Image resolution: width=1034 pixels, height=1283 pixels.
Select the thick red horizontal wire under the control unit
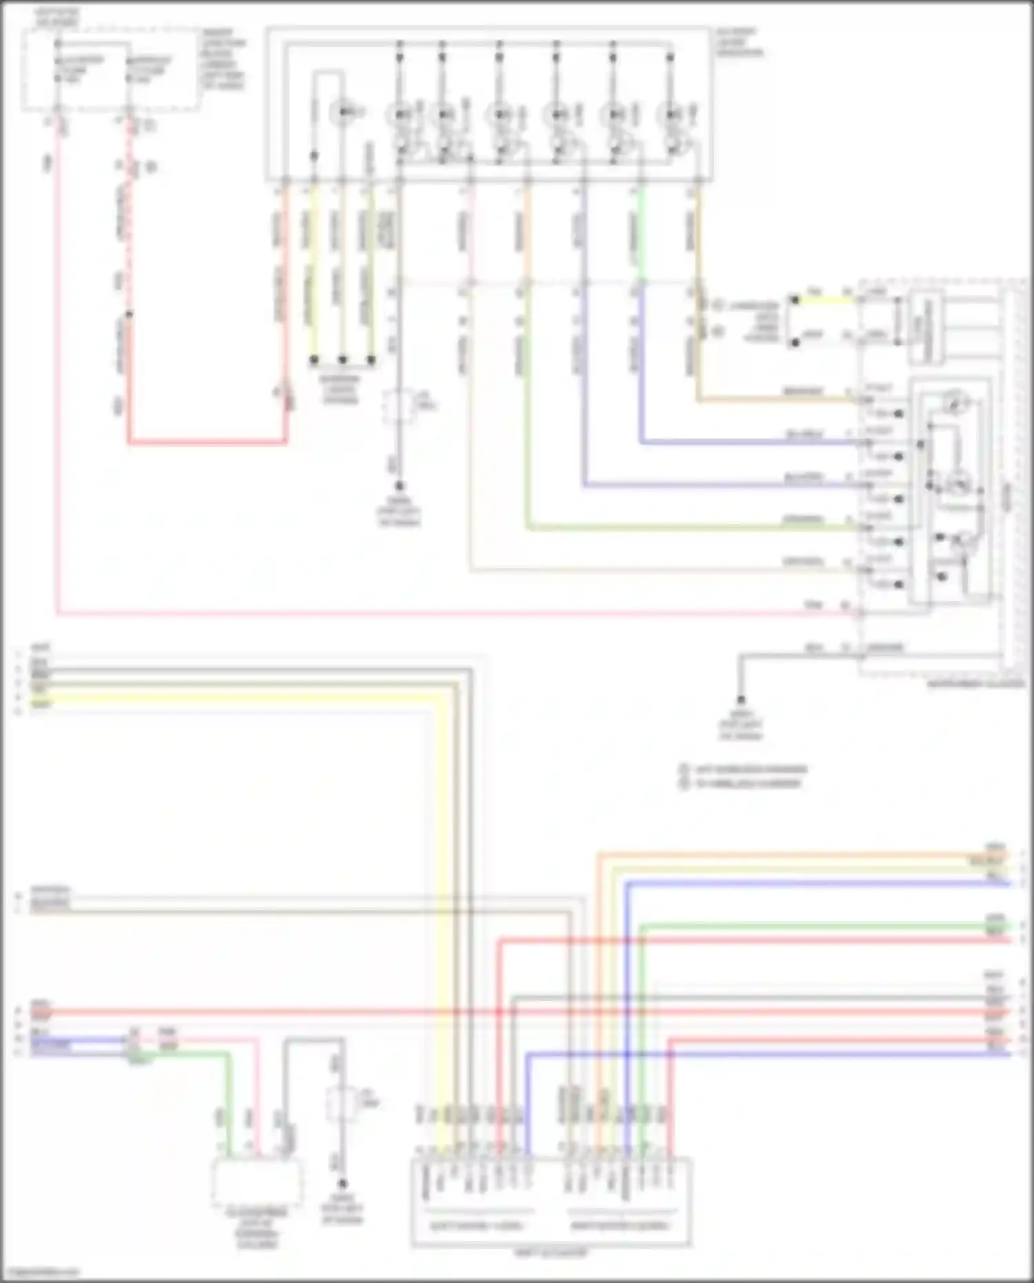coord(207,441)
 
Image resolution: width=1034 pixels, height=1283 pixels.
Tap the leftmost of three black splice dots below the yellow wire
coord(314,360)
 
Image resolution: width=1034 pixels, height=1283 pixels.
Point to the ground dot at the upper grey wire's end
coord(398,486)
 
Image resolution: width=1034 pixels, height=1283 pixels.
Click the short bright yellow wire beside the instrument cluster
coord(824,300)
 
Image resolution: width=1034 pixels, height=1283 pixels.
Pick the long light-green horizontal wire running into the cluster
coord(689,528)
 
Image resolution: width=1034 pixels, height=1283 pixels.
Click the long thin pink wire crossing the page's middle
coord(448,612)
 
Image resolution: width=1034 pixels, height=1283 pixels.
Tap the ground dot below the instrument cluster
coord(740,699)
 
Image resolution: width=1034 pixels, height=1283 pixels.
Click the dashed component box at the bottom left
coord(256,1181)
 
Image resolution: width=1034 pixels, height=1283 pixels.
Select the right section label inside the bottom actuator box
coord(619,1226)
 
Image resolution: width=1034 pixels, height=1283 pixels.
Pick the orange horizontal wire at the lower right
coord(793,856)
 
